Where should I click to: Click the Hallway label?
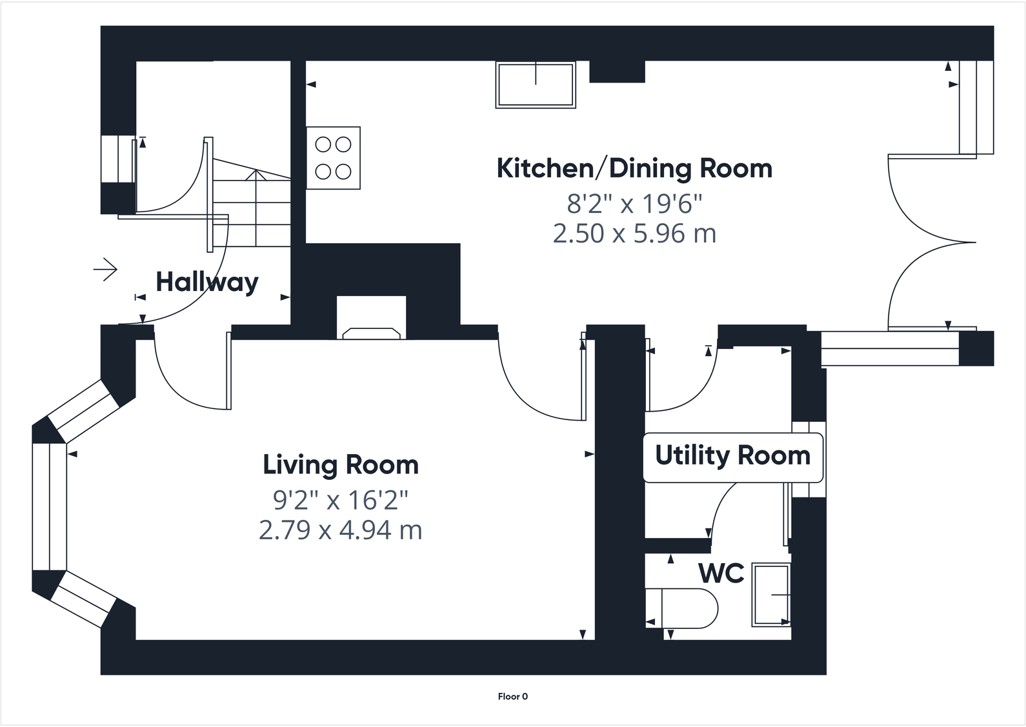(207, 282)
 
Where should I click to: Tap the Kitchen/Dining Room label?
(634, 168)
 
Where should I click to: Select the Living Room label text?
(341, 464)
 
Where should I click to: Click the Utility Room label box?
(733, 458)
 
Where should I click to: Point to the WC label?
(721, 573)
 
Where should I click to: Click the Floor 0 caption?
(512, 696)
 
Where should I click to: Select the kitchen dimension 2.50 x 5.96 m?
(634, 234)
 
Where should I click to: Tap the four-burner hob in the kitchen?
(333, 158)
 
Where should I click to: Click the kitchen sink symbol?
(536, 85)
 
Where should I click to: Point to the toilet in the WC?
(681, 608)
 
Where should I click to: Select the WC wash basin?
(771, 595)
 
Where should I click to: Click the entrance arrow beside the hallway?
(105, 269)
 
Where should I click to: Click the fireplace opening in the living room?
(372, 318)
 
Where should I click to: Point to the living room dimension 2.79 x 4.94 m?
(340, 530)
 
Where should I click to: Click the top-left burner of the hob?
(323, 144)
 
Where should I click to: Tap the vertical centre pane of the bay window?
(50, 507)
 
